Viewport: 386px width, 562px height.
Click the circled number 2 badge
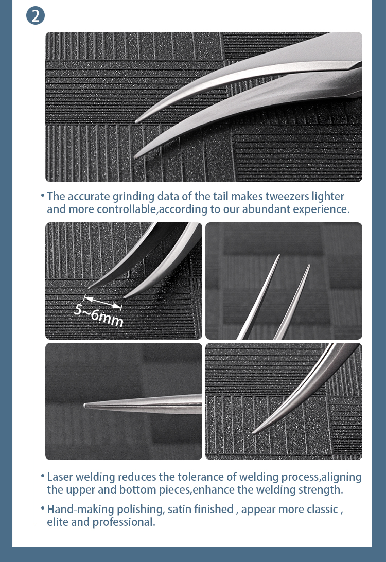36,16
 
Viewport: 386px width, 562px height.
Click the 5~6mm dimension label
99,315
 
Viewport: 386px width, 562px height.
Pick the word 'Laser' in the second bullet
60,477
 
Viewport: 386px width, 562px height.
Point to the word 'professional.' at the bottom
124,522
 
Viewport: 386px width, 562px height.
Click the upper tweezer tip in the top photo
136,121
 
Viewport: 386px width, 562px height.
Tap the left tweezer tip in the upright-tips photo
278,256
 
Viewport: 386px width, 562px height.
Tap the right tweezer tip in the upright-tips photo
308,266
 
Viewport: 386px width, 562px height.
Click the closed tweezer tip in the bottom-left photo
85,406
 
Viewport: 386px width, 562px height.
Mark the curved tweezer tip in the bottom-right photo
254,432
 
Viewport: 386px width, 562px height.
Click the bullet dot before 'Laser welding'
42,476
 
